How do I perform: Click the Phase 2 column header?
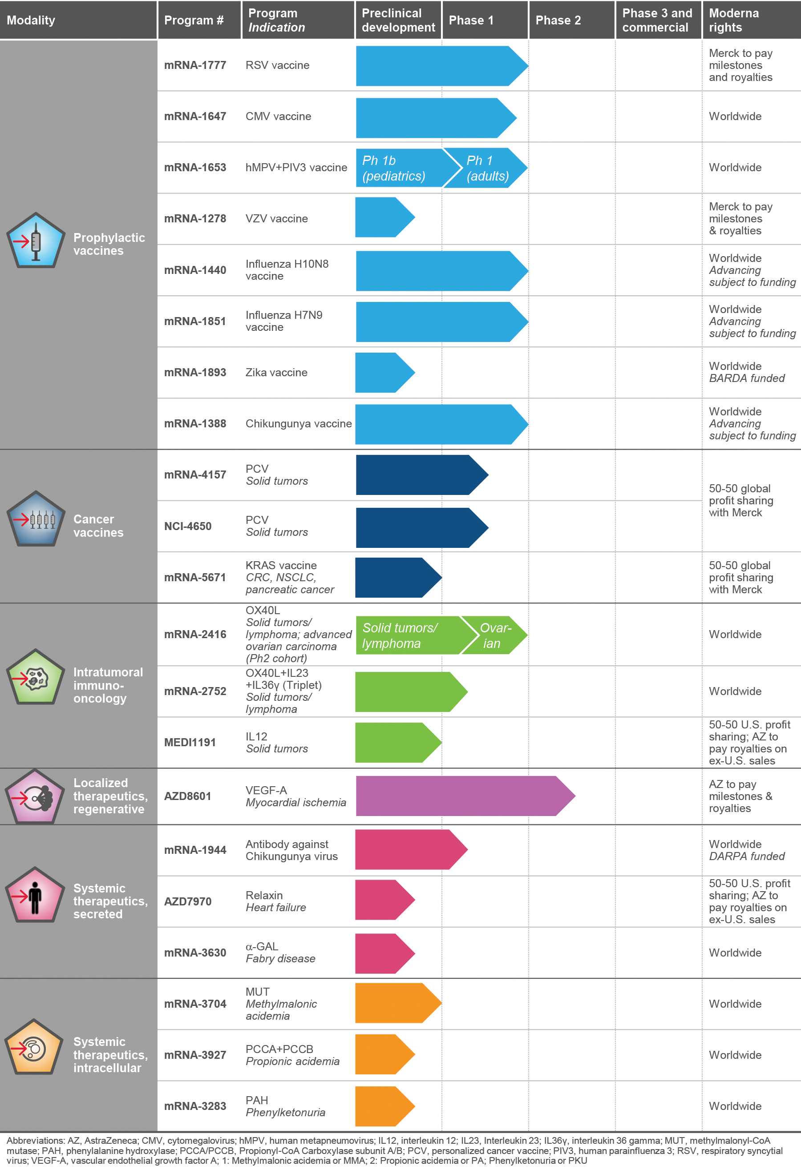558,20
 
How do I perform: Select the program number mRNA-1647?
195,117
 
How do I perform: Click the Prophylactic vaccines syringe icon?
35,241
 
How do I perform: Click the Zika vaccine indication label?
276,372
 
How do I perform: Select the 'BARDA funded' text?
746,378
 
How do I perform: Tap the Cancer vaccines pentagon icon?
35,519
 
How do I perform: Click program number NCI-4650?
187,527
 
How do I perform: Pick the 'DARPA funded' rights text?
746,856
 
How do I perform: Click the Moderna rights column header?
733,20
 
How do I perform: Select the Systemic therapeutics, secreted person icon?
35,895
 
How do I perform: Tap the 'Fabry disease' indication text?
280,959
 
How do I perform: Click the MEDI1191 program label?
190,743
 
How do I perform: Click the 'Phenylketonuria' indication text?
285,1112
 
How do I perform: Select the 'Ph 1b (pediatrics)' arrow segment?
396,168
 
